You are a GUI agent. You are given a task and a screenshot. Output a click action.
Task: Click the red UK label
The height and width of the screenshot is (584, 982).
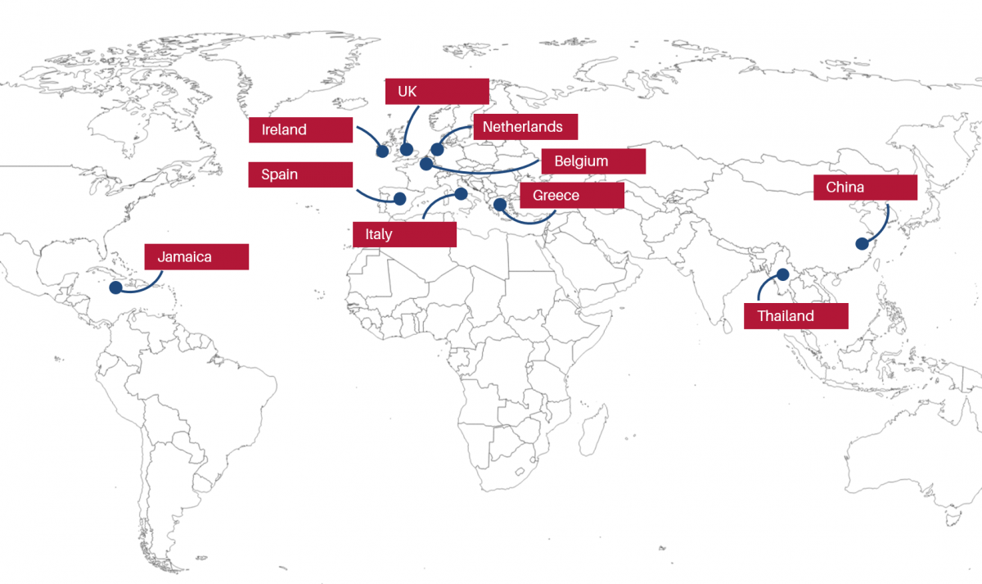pyautogui.click(x=437, y=92)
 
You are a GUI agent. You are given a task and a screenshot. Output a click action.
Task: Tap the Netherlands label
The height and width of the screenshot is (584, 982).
pyautogui.click(x=525, y=127)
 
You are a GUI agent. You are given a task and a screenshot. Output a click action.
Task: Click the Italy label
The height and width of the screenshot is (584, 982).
pyautogui.click(x=404, y=234)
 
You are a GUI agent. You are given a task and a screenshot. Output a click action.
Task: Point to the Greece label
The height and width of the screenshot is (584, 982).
pyautogui.click(x=572, y=196)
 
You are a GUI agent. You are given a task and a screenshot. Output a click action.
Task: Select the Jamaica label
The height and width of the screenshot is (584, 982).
pyautogui.click(x=196, y=257)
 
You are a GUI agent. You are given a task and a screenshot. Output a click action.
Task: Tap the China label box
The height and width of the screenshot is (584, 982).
pyautogui.click(x=865, y=188)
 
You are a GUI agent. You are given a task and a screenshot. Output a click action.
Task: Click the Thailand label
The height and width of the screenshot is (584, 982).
pyautogui.click(x=795, y=316)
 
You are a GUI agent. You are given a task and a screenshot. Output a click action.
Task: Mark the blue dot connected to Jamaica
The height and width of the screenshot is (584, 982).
pyautogui.click(x=115, y=287)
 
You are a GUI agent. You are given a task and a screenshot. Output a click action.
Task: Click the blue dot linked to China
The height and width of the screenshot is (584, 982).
pyautogui.click(x=861, y=243)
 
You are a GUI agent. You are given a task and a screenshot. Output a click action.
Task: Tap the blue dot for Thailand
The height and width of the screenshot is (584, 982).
pyautogui.click(x=783, y=274)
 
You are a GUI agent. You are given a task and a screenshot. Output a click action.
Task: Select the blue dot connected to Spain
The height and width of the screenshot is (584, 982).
pyautogui.click(x=399, y=198)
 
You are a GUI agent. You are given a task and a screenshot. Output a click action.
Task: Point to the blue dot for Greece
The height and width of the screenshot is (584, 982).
pyautogui.click(x=499, y=203)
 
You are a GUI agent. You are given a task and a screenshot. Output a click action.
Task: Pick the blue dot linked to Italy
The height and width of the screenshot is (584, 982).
pyautogui.click(x=461, y=194)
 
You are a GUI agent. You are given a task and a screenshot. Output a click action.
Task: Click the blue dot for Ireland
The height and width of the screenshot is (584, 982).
pyautogui.click(x=381, y=151)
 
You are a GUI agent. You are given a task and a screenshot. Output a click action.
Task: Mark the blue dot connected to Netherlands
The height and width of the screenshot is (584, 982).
pyautogui.click(x=437, y=150)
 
